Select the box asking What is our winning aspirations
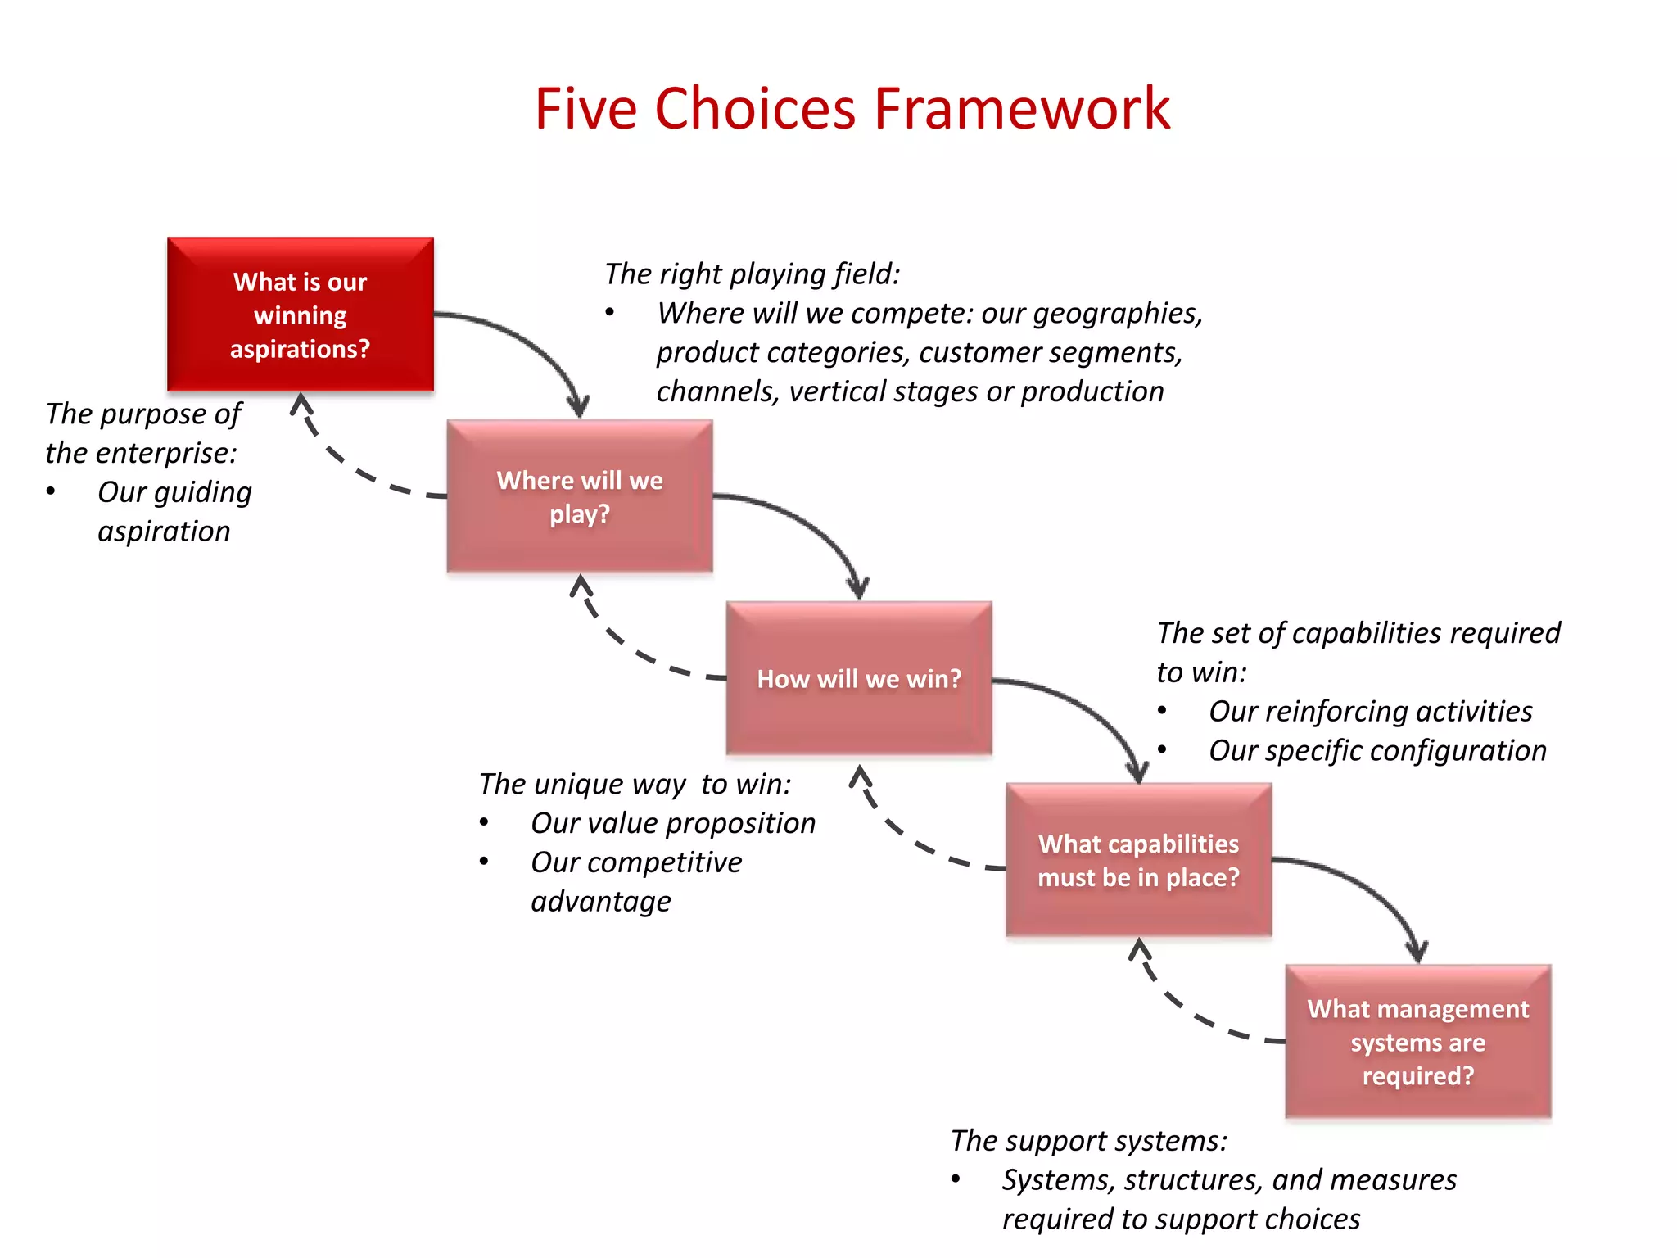[x=301, y=314]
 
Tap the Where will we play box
[x=580, y=496]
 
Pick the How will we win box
[x=859, y=678]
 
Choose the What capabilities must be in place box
[x=1138, y=860]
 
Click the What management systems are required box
[x=1417, y=1042]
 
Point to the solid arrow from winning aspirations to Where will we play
[x=532, y=344]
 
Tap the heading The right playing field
[x=752, y=274]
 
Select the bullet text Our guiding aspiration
[x=174, y=511]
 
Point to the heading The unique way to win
[x=635, y=784]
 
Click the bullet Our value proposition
[x=672, y=823]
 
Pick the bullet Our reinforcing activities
[x=1370, y=711]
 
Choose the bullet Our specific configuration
[x=1377, y=750]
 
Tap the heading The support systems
[x=1088, y=1140]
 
